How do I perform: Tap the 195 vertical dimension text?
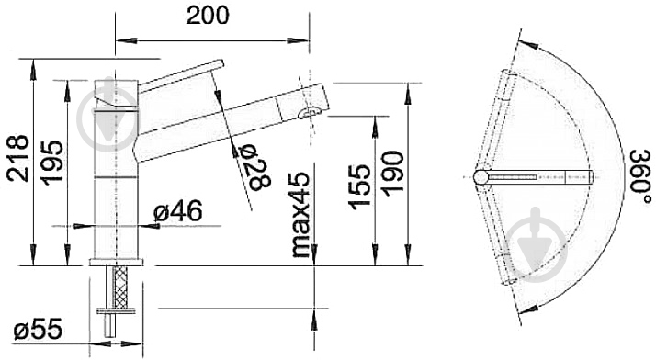(x=52, y=161)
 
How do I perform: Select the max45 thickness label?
(x=299, y=216)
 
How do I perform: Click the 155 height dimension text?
(x=360, y=187)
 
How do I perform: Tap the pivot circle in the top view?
(x=481, y=176)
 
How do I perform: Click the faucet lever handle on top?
(x=179, y=75)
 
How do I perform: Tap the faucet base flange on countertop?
(x=118, y=262)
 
